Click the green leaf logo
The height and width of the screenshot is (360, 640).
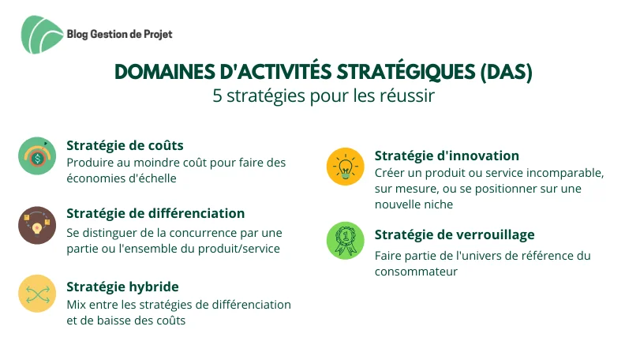pyautogui.click(x=42, y=35)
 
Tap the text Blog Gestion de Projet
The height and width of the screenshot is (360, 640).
pyautogui.click(x=120, y=34)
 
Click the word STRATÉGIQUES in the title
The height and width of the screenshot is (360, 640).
pyautogui.click(x=406, y=72)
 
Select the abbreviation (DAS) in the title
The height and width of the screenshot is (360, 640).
pyautogui.click(x=506, y=73)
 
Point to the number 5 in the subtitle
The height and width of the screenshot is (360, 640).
pyautogui.click(x=217, y=96)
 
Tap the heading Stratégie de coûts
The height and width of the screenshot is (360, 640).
pyautogui.click(x=125, y=145)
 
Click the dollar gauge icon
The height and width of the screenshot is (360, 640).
pyautogui.click(x=37, y=156)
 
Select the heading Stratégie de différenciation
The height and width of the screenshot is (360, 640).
pyautogui.click(x=155, y=213)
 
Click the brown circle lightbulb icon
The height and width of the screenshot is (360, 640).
pyautogui.click(x=37, y=225)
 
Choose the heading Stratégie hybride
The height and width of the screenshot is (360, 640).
pyautogui.click(x=122, y=287)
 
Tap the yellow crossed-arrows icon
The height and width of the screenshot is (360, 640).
pyautogui.click(x=37, y=294)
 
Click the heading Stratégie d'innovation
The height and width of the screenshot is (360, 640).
pyautogui.click(x=447, y=156)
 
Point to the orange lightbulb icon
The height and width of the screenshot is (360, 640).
pyautogui.click(x=346, y=167)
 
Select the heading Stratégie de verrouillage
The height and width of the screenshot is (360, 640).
pyautogui.click(x=455, y=234)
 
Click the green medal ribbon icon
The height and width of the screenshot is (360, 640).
pyautogui.click(x=346, y=241)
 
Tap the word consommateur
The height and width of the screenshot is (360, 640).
pyautogui.click(x=416, y=272)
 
